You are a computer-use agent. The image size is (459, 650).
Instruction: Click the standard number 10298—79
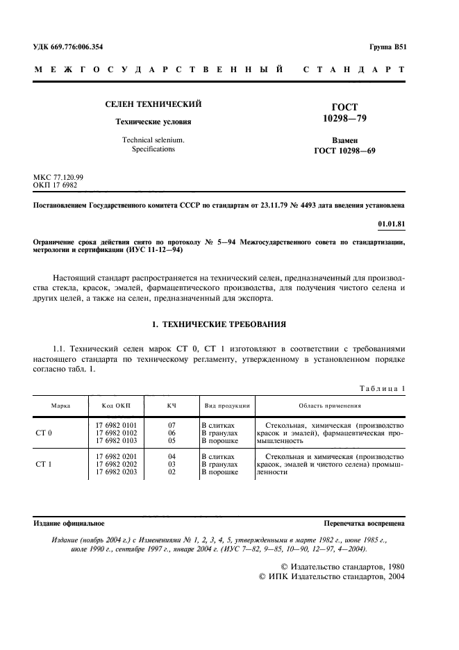click(345, 119)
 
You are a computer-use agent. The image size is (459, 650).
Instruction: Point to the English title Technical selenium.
click(149, 140)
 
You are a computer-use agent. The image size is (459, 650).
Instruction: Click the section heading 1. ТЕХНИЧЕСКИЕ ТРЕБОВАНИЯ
click(219, 324)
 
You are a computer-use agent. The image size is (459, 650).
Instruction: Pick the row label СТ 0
click(44, 433)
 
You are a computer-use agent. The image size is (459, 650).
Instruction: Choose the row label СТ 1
click(44, 464)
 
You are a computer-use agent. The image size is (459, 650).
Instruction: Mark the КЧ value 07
click(172, 424)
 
